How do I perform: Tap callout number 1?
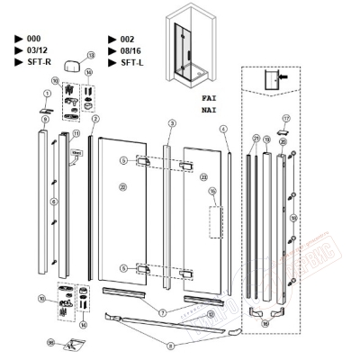point(47,94)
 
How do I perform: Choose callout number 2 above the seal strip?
point(94,118)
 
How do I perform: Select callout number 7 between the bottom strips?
point(162,311)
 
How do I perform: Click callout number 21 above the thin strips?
point(256,138)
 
